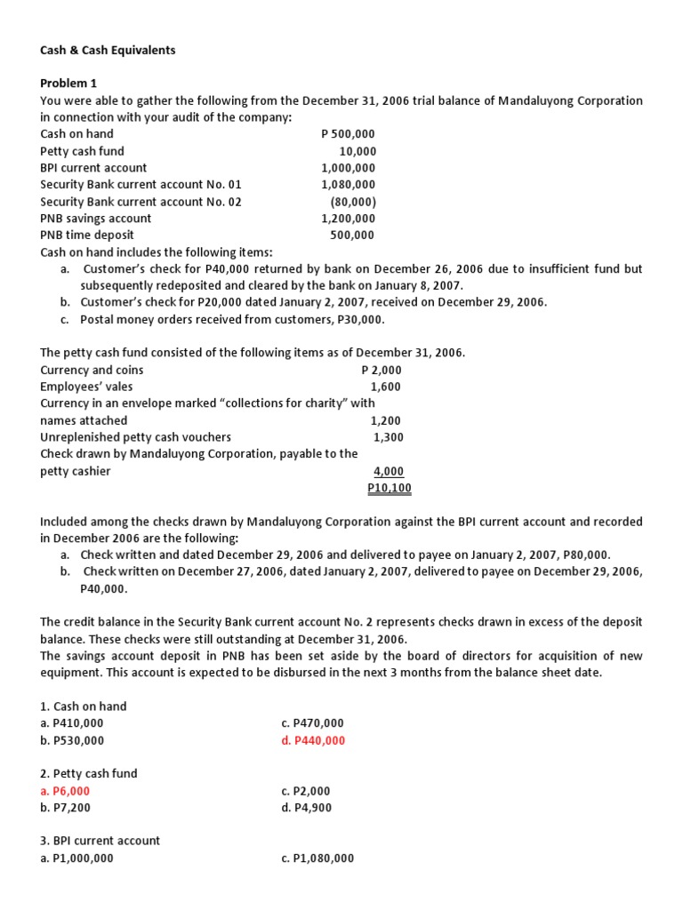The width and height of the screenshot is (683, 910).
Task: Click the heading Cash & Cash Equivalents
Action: coord(108,51)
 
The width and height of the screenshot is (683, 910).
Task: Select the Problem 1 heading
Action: coord(68,84)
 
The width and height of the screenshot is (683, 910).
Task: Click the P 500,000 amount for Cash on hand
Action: coord(348,134)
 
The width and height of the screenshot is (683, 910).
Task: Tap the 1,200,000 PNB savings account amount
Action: coord(348,219)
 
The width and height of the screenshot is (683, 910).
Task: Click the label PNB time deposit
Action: coord(87,235)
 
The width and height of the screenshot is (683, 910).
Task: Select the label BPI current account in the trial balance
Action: coord(93,168)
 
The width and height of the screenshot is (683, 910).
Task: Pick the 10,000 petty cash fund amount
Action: coord(358,151)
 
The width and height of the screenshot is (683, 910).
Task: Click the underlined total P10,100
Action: coord(389,488)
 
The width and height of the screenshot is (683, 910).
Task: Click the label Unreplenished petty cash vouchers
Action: coord(135,437)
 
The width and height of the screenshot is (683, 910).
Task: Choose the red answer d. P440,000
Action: coord(313,740)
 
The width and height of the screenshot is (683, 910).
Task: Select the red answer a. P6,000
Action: coord(65,791)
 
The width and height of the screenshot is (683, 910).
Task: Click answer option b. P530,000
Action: coord(72,740)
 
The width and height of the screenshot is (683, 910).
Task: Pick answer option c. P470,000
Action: coord(312,723)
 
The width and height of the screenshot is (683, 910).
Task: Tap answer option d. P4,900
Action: coord(306,808)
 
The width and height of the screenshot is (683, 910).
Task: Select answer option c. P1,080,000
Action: coord(317,858)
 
